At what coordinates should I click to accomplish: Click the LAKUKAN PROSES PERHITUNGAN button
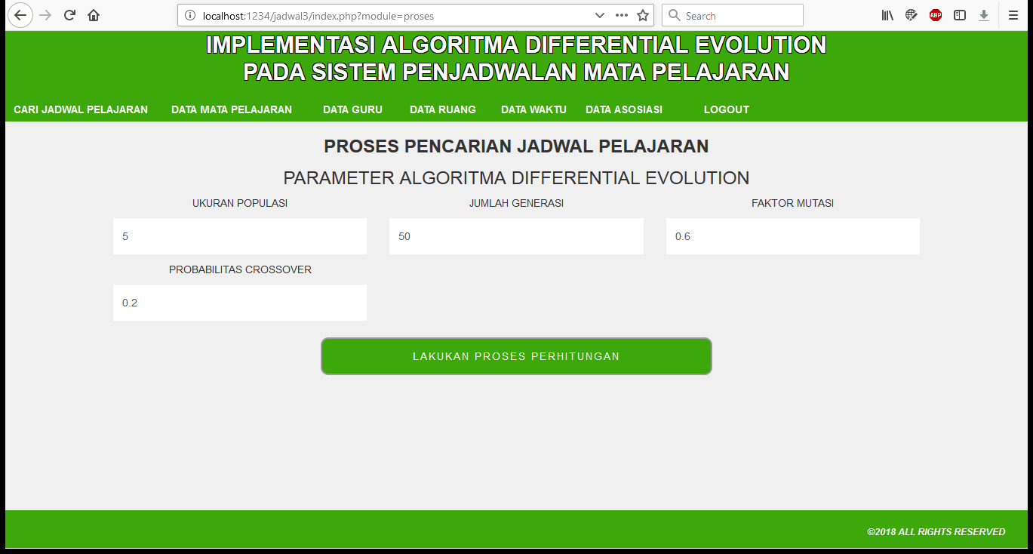(x=516, y=356)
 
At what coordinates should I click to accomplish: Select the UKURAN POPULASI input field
(x=240, y=236)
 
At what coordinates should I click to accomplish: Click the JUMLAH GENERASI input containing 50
(x=516, y=236)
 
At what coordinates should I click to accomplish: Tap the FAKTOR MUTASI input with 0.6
(x=793, y=236)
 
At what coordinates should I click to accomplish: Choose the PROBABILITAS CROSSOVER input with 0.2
(x=240, y=303)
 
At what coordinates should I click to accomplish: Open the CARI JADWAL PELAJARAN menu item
(x=81, y=109)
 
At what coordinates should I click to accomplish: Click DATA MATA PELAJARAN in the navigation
(x=232, y=109)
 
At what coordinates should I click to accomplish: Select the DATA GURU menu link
(x=353, y=109)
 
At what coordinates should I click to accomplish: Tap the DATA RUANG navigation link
(x=443, y=109)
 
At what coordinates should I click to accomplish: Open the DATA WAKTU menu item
(x=533, y=109)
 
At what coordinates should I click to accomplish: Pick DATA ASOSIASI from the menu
(x=624, y=109)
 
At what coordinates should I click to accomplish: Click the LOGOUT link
(x=727, y=109)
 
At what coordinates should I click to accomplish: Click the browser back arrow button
(x=20, y=15)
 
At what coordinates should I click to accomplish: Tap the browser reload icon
(x=69, y=15)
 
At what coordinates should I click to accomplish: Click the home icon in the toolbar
(x=94, y=15)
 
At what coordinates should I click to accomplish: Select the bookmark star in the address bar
(x=643, y=16)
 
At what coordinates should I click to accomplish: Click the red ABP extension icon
(x=936, y=15)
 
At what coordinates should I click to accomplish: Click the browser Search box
(x=733, y=16)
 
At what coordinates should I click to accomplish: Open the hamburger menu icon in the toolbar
(x=1013, y=15)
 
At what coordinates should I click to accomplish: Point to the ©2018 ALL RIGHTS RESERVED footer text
(x=936, y=532)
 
